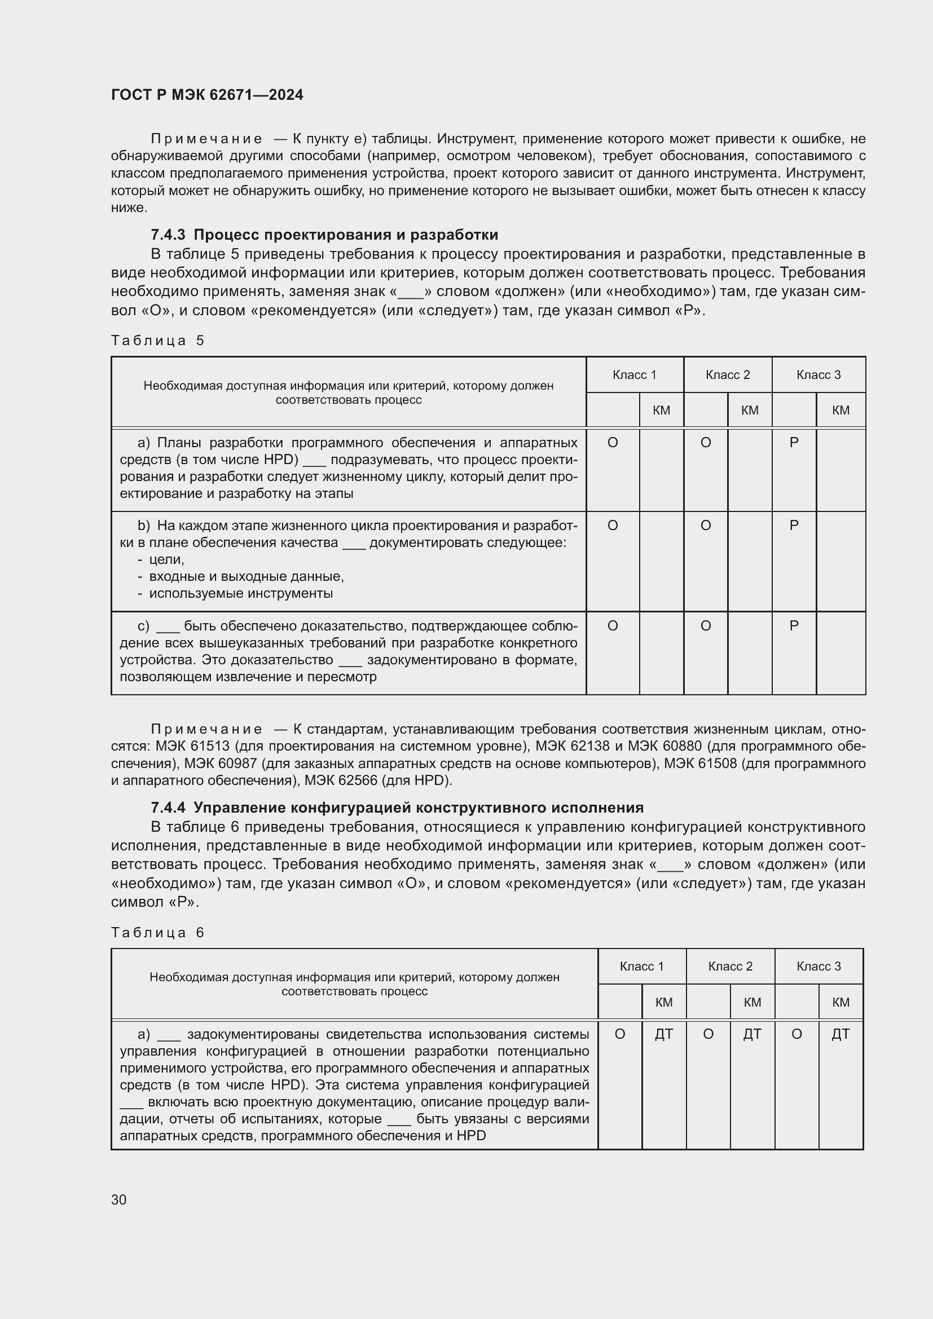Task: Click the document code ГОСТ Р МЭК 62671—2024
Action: point(207,95)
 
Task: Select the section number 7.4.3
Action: point(168,235)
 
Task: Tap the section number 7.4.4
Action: point(168,808)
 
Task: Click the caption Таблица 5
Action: point(157,341)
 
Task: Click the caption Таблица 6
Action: point(157,932)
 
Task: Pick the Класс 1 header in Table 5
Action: point(634,375)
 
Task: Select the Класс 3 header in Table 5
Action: point(818,375)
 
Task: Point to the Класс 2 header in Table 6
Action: point(729,967)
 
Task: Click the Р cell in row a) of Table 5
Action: point(794,443)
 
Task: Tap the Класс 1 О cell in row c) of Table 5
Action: point(613,625)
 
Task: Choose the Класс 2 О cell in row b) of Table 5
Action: point(706,526)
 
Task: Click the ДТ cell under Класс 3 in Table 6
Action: point(840,1035)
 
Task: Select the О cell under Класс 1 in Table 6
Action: point(620,1035)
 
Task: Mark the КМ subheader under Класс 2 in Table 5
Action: point(750,410)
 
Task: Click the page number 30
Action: point(119,1200)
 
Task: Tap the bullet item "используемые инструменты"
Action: point(241,593)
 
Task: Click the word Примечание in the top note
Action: point(206,139)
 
